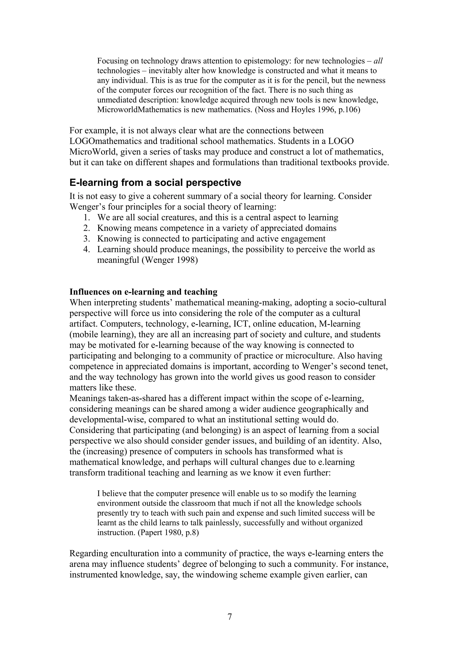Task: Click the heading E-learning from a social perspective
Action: tap(155, 183)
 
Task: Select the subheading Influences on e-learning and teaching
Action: tap(143, 292)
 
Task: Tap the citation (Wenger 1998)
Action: tap(169, 260)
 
